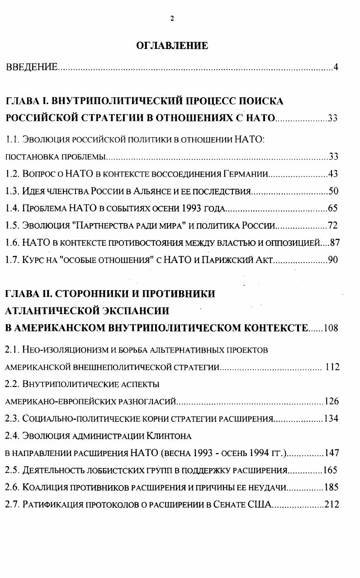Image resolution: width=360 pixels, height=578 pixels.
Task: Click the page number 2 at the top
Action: coord(172,19)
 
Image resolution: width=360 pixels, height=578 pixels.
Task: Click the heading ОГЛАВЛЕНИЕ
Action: coord(172,46)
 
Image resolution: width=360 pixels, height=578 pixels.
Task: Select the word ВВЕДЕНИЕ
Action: coord(32,67)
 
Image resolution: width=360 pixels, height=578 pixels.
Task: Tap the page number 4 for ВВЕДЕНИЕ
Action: coord(336,67)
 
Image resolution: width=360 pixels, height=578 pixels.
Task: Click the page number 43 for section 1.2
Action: coord(333,174)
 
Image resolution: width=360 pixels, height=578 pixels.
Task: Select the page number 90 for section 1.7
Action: coord(333,260)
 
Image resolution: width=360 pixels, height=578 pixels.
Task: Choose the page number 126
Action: coord(332,401)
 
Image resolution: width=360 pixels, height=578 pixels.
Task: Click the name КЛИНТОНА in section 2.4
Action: coord(169,436)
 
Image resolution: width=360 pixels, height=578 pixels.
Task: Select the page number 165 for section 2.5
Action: coord(330,470)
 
